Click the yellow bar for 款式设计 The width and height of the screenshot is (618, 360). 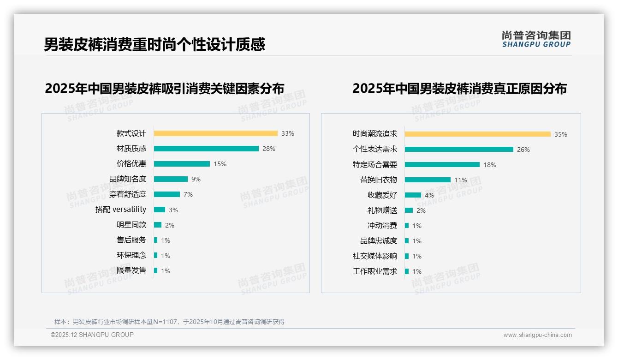pyautogui.click(x=215, y=133)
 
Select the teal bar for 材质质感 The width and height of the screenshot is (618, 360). pyautogui.click(x=206, y=149)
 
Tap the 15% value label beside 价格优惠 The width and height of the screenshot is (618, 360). pyautogui.click(x=220, y=164)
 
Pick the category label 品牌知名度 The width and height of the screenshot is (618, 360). pyautogui.click(x=128, y=179)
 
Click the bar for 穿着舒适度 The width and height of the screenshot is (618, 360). pyautogui.click(x=166, y=194)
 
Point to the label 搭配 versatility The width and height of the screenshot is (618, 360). pyautogui.click(x=121, y=210)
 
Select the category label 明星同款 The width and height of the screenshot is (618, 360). pyautogui.click(x=131, y=225)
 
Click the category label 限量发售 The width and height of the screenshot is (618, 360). pyautogui.click(x=131, y=270)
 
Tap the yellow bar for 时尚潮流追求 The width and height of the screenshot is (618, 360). pyautogui.click(x=477, y=134)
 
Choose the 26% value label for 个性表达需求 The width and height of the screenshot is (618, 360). pyautogui.click(x=523, y=150)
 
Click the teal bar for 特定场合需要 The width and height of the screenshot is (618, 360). pyautogui.click(x=442, y=165)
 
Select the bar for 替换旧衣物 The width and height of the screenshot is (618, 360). pyautogui.click(x=428, y=180)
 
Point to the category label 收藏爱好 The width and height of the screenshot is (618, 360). pyautogui.click(x=382, y=195)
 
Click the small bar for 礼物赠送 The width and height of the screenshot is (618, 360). pyautogui.click(x=409, y=210)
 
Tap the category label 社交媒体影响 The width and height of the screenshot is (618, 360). pyautogui.click(x=375, y=256)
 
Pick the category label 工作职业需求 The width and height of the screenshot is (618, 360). pyautogui.click(x=375, y=271)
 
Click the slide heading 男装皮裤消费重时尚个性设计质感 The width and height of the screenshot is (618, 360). pyautogui.click(x=154, y=45)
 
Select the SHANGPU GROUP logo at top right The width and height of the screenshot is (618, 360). pyautogui.click(x=536, y=39)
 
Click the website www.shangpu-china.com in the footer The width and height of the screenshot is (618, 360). pyautogui.click(x=537, y=335)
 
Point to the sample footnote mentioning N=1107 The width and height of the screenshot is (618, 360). pyautogui.click(x=169, y=322)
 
